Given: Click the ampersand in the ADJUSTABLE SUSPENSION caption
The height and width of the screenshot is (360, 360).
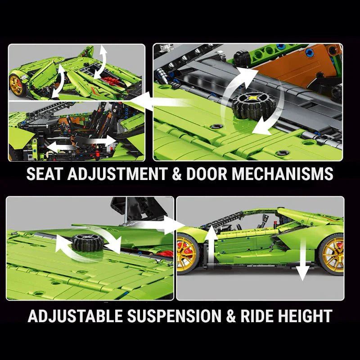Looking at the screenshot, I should tap(230, 315).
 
